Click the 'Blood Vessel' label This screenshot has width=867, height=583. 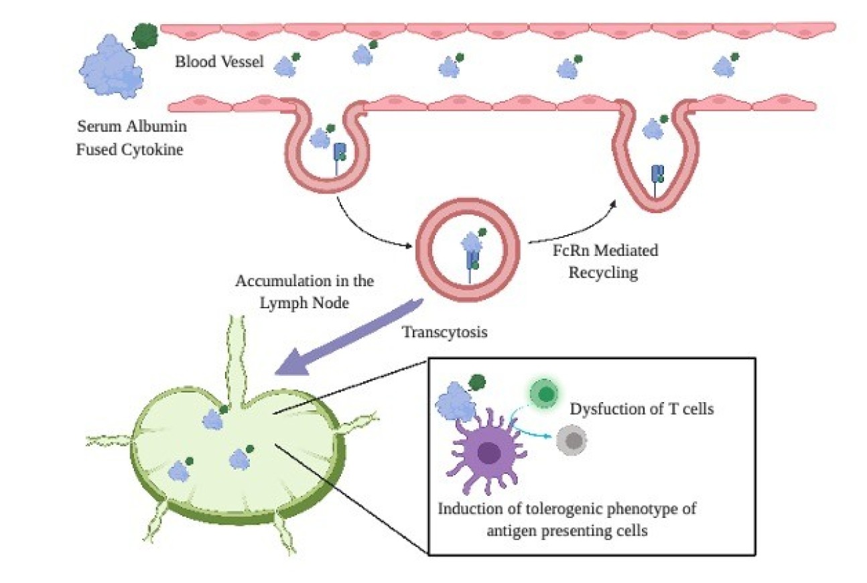(x=219, y=62)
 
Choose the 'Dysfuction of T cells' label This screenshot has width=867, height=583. (x=641, y=408)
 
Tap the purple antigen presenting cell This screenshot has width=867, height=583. (x=488, y=454)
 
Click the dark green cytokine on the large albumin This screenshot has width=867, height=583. (x=143, y=35)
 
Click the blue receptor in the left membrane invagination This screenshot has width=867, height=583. (x=340, y=153)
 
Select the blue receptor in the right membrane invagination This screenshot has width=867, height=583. (x=657, y=176)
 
